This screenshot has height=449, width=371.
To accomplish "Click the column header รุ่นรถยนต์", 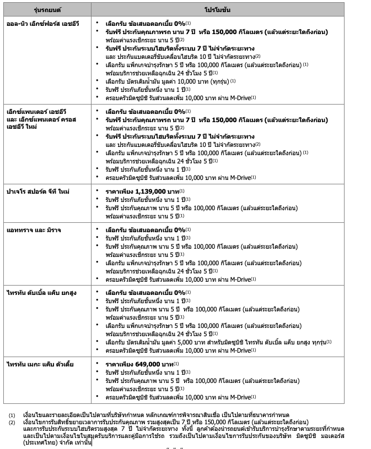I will (x=48, y=10).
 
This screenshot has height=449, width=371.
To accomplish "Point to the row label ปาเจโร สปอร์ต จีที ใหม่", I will (x=38, y=191).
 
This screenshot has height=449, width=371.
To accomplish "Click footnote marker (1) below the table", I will (x=12, y=414).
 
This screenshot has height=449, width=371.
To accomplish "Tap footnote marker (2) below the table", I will (x=12, y=421).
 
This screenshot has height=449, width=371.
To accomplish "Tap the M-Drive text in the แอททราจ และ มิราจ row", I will (x=239, y=279).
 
